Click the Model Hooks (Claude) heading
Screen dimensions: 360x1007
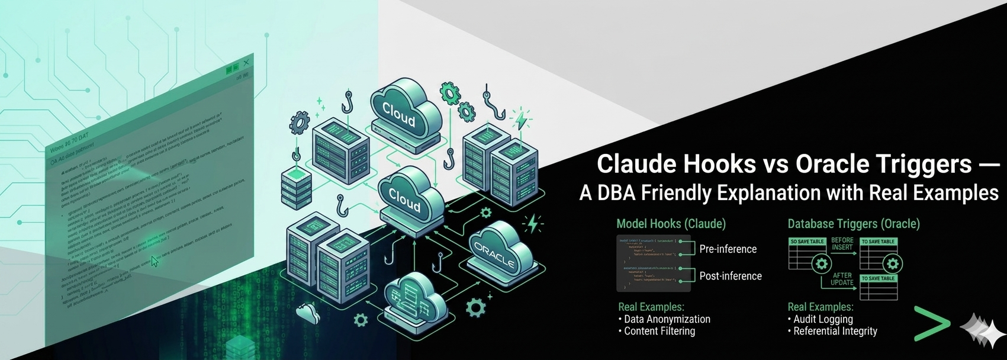(x=671, y=224)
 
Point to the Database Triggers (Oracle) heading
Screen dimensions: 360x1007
(x=853, y=224)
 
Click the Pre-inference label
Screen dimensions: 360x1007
(x=728, y=249)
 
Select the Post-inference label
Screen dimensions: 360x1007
(x=730, y=276)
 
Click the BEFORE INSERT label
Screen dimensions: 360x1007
(x=842, y=244)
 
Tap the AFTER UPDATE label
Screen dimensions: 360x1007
(x=842, y=279)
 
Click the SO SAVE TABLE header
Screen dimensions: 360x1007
(x=807, y=242)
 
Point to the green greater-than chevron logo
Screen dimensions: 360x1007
(x=931, y=324)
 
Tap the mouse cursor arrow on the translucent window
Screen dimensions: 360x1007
(x=155, y=261)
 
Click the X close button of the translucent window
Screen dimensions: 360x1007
(x=246, y=63)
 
